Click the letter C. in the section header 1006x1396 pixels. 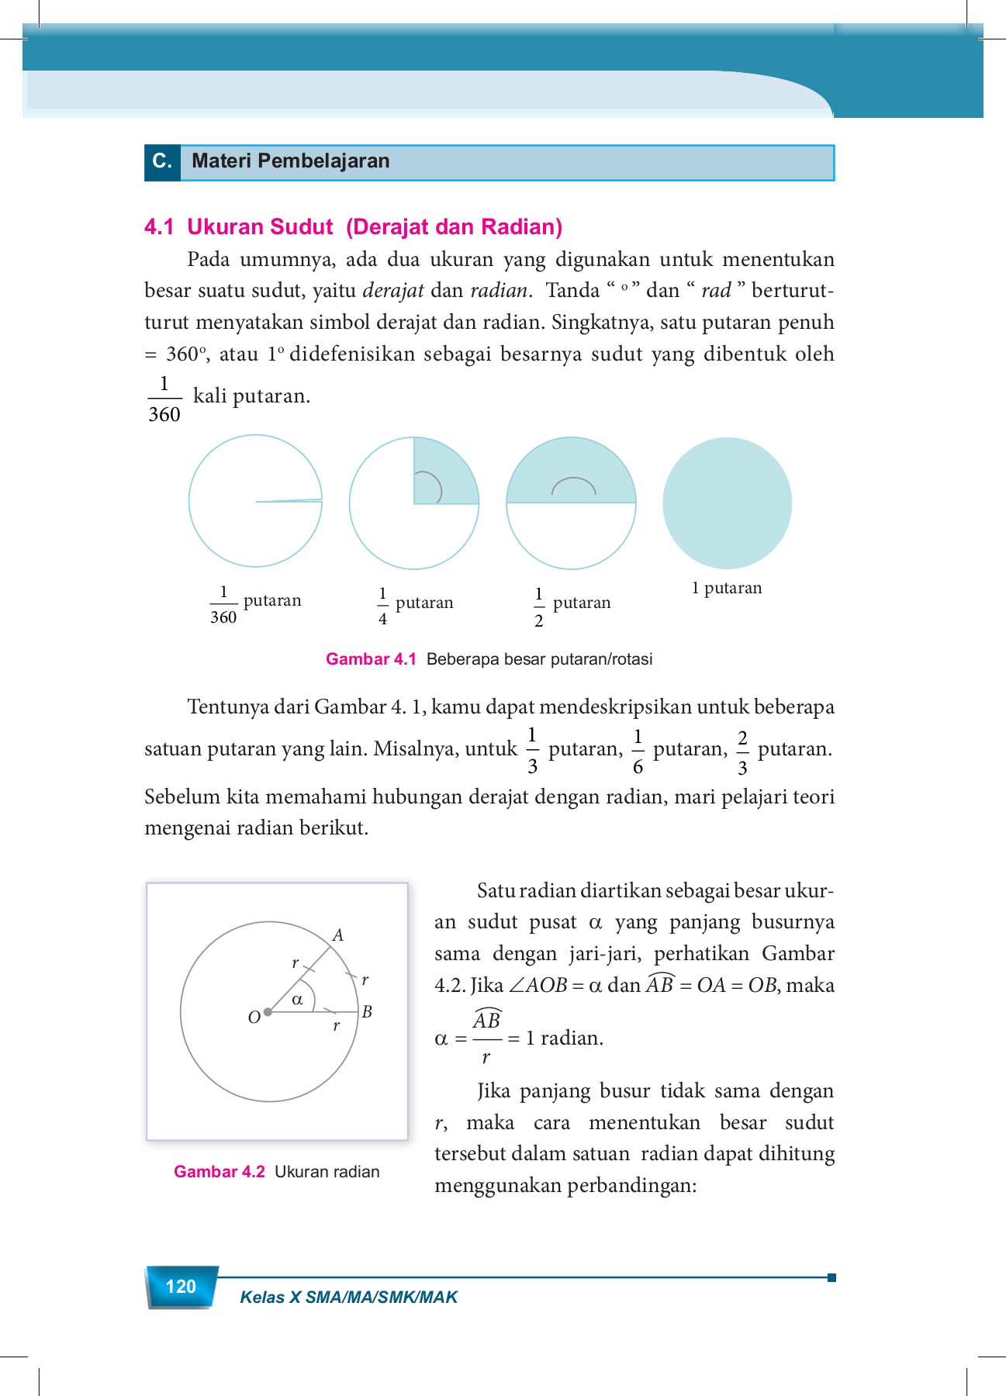pos(162,161)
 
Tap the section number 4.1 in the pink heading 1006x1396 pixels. pos(159,227)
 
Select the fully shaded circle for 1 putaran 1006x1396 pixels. pos(727,503)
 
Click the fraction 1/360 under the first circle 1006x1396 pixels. pos(223,605)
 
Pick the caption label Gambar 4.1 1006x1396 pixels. pos(371,659)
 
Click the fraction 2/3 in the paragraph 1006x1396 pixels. pos(742,752)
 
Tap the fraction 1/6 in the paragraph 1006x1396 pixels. pos(638,752)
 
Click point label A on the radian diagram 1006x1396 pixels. pos(338,935)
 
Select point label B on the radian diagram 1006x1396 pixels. pos(368,1011)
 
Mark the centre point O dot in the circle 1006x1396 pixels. pos(268,1012)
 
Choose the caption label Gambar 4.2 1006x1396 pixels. pos(220,1172)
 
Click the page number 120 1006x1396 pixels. pos(181,1287)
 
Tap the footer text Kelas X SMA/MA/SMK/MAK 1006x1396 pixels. pos(348,1297)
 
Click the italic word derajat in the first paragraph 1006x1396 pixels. pos(393,291)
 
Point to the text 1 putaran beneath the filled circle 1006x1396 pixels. pos(727,588)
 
